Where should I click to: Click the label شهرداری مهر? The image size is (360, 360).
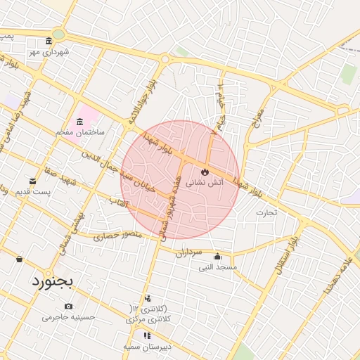coord(46,51)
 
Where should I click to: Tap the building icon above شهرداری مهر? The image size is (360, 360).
coord(48,41)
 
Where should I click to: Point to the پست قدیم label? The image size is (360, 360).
coord(32,191)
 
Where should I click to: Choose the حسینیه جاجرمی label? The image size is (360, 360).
coord(68,316)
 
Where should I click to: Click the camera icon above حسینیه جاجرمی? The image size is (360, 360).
coord(68,306)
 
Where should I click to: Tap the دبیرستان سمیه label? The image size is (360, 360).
coord(146,347)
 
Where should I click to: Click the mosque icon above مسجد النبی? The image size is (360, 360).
coord(217,256)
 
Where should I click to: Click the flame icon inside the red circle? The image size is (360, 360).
coord(205,171)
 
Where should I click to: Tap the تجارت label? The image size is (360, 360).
coord(266,212)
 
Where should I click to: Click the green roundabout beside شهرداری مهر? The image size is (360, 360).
coord(58,34)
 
